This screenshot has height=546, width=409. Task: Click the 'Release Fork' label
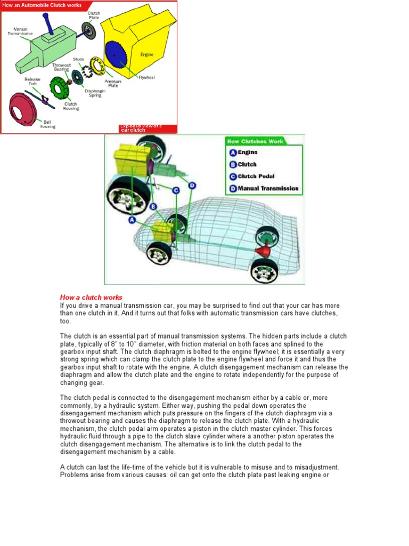tap(32, 82)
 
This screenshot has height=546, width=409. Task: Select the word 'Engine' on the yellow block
tap(147, 54)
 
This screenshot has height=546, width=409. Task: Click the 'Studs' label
tap(78, 60)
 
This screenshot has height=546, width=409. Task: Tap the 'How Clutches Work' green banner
tap(255, 141)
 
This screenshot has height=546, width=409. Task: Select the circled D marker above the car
tap(192, 186)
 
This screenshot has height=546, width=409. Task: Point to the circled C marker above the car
tap(175, 189)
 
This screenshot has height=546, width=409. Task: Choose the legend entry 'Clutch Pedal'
tap(256, 176)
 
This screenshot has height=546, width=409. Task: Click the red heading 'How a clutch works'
tap(91, 298)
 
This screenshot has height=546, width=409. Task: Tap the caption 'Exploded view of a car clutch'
tap(141, 128)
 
